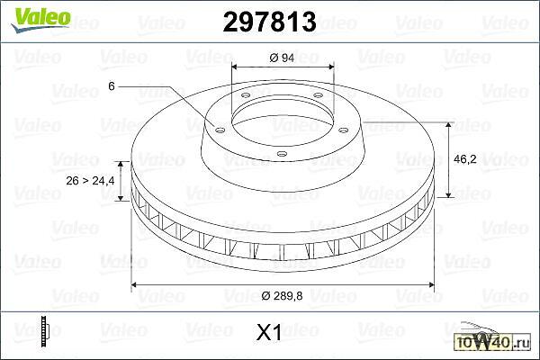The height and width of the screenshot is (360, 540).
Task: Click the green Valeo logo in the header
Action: click(x=40, y=20)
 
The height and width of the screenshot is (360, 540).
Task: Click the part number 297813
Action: click(x=269, y=22)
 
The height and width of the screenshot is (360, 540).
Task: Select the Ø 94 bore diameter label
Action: click(x=282, y=58)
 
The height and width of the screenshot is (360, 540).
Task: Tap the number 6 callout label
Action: click(x=112, y=86)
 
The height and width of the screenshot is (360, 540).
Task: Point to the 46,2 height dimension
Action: click(x=465, y=159)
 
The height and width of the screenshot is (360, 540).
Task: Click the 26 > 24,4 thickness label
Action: click(x=90, y=181)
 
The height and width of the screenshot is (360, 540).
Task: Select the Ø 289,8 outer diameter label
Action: click(x=282, y=295)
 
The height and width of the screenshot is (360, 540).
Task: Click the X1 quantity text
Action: click(x=269, y=332)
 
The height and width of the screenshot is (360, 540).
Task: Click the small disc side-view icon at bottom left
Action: click(x=45, y=331)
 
